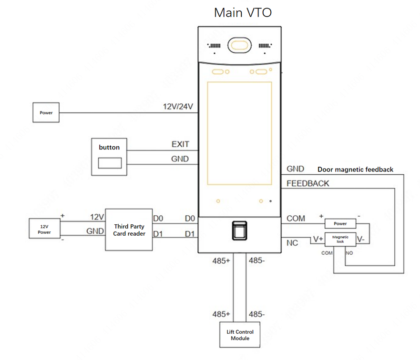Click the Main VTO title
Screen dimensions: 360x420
click(x=243, y=12)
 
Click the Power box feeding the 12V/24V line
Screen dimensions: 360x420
click(x=46, y=113)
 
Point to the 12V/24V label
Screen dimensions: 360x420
click(x=177, y=107)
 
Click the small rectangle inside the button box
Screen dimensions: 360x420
click(x=109, y=163)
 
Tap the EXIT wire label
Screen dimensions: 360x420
click(x=180, y=144)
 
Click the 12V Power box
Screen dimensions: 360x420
click(x=44, y=230)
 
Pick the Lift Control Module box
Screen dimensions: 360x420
click(x=240, y=335)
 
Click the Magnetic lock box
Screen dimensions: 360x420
click(x=340, y=239)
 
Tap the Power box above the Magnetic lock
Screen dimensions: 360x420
click(x=340, y=223)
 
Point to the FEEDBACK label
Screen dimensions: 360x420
click(x=307, y=183)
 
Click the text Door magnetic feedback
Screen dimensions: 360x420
click(x=355, y=169)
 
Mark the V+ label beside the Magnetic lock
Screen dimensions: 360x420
click(x=318, y=239)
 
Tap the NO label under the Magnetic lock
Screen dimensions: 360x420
click(x=349, y=253)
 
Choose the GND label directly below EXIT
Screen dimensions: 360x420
click(x=180, y=159)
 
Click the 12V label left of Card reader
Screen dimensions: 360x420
click(x=97, y=217)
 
